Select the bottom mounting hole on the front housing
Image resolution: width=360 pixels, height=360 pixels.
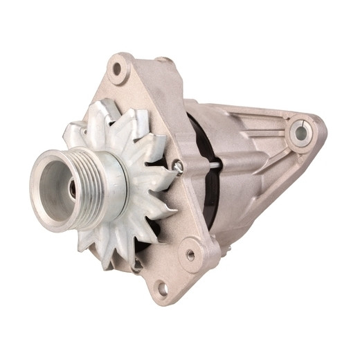tap(161, 288)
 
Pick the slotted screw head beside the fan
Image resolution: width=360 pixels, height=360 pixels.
tap(178, 165)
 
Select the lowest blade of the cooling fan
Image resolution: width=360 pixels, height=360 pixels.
tap(111, 258)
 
